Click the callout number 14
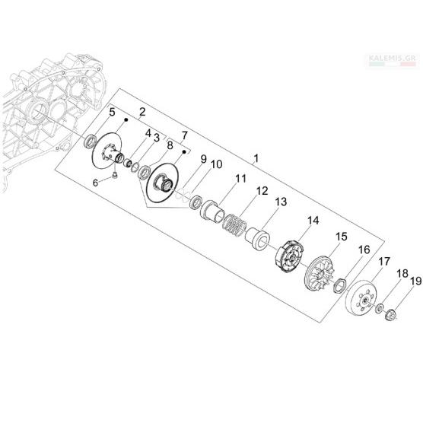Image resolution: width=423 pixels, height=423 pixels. click(313, 221)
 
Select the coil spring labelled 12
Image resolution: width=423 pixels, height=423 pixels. click(234, 225)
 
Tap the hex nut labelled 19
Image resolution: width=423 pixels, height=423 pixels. click(390, 315)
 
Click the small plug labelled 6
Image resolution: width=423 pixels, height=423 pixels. click(115, 176)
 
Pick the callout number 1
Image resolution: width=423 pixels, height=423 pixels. click(256, 158)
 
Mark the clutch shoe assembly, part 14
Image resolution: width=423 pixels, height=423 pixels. click(290, 256)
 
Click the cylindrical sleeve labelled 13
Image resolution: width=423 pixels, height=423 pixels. click(258, 239)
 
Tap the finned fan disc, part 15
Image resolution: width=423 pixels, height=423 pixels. click(320, 273)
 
